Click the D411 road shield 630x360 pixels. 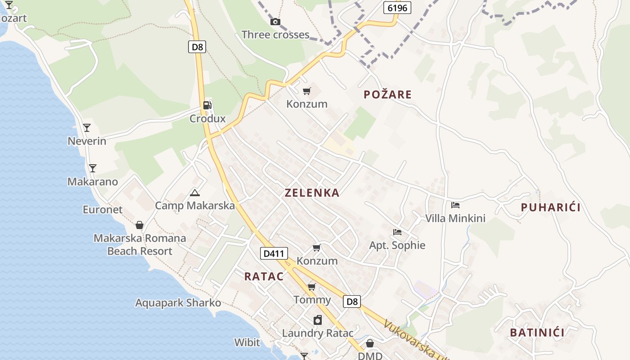(x=274, y=253)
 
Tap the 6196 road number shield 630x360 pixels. (x=397, y=8)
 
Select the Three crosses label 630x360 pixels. (x=275, y=35)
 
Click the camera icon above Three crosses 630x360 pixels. (x=275, y=22)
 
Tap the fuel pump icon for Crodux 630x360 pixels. (x=207, y=105)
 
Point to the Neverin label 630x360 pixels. (x=87, y=141)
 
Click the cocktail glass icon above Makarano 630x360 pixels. (x=92, y=168)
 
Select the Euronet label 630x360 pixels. (x=103, y=210)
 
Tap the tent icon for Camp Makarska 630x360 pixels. (x=194, y=193)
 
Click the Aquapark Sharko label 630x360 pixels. (x=178, y=303)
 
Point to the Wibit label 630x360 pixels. (x=247, y=342)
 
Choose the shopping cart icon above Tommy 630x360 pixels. (x=311, y=287)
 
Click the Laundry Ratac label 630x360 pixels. (x=318, y=333)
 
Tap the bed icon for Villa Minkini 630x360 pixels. (x=455, y=205)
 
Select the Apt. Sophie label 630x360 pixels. (x=397, y=245)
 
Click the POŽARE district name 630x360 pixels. (x=387, y=94)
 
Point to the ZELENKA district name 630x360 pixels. (x=312, y=193)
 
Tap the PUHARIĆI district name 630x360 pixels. (x=550, y=207)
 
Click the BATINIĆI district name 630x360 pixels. (x=537, y=333)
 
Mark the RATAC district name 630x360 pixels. (x=264, y=277)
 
